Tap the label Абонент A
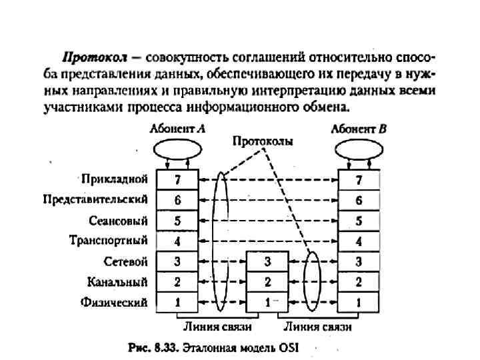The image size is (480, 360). click(177, 130)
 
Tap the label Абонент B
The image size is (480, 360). click(359, 130)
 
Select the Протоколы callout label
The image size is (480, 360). click(263, 141)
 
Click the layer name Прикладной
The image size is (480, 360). click(114, 179)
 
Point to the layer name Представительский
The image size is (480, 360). click(95, 199)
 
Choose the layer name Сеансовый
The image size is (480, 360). click(118, 220)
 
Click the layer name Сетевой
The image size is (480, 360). click(125, 261)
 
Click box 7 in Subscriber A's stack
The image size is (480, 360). click(177, 180)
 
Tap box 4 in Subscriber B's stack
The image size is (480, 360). click(359, 241)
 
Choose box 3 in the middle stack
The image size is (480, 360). click(267, 261)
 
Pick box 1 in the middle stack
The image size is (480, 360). click(267, 302)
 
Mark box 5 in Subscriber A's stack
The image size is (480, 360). click(177, 221)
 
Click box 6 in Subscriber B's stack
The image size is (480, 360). click(359, 200)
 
